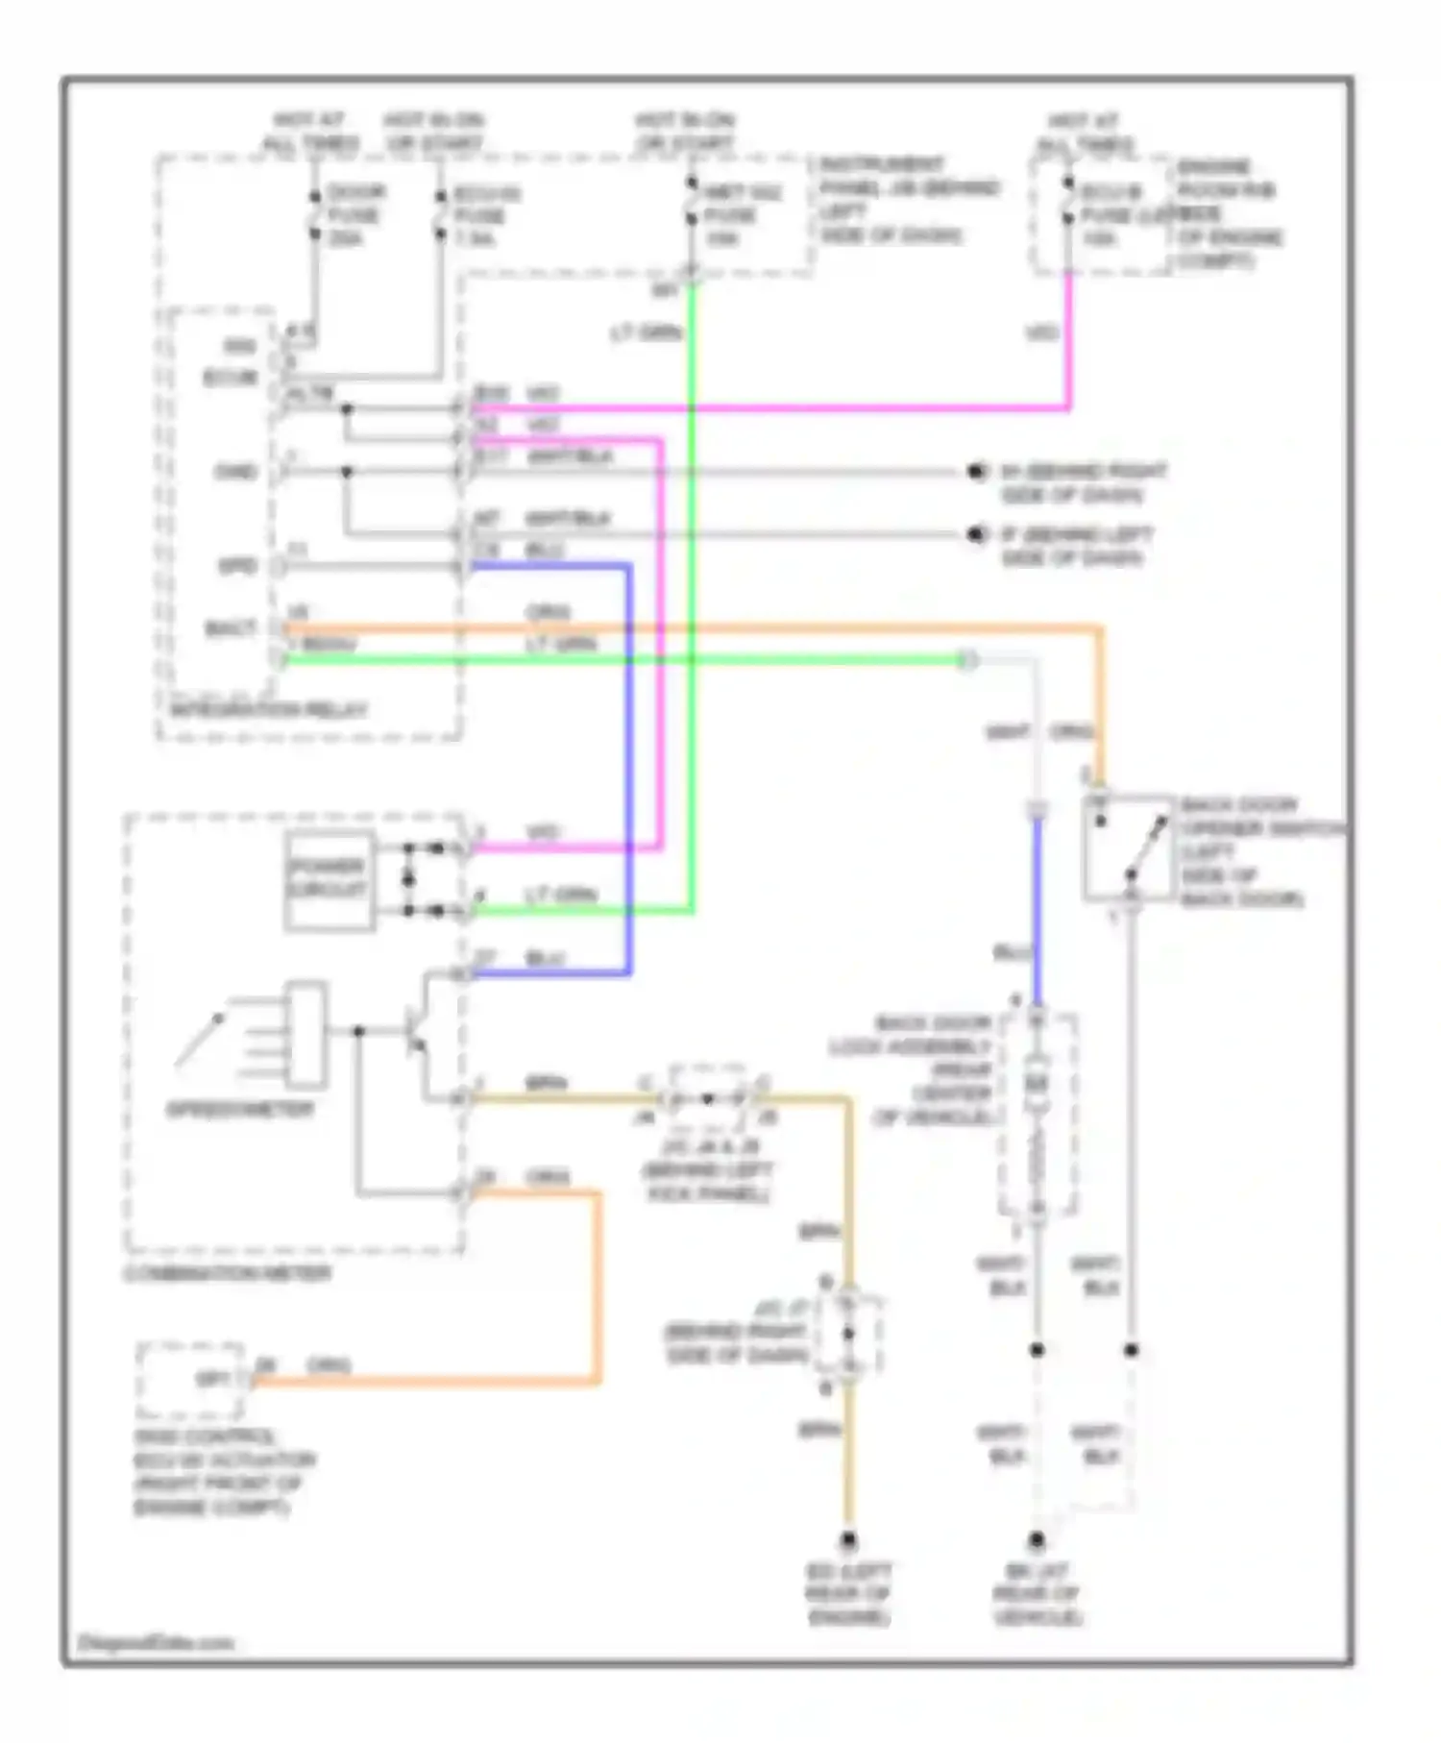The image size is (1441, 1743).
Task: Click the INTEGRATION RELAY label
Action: [268, 711]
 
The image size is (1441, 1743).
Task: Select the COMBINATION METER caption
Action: [228, 1274]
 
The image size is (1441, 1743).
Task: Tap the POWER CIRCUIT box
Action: [330, 878]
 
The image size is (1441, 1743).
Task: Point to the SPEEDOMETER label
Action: [240, 1110]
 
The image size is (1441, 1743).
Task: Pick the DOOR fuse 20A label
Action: [355, 215]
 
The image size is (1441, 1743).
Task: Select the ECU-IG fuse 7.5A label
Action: [486, 216]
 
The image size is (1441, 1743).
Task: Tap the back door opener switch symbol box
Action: [1129, 847]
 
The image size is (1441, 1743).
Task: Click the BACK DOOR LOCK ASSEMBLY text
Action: [932, 1069]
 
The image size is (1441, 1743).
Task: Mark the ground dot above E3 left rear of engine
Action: [848, 1540]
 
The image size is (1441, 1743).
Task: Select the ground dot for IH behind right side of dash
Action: [977, 472]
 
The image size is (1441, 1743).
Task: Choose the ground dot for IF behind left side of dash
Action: [977, 534]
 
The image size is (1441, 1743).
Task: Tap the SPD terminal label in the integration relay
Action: [236, 566]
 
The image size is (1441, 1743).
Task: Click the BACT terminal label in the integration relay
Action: [232, 629]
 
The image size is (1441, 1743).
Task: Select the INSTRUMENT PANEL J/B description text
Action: [908, 200]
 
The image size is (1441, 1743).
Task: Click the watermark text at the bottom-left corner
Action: [156, 1642]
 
